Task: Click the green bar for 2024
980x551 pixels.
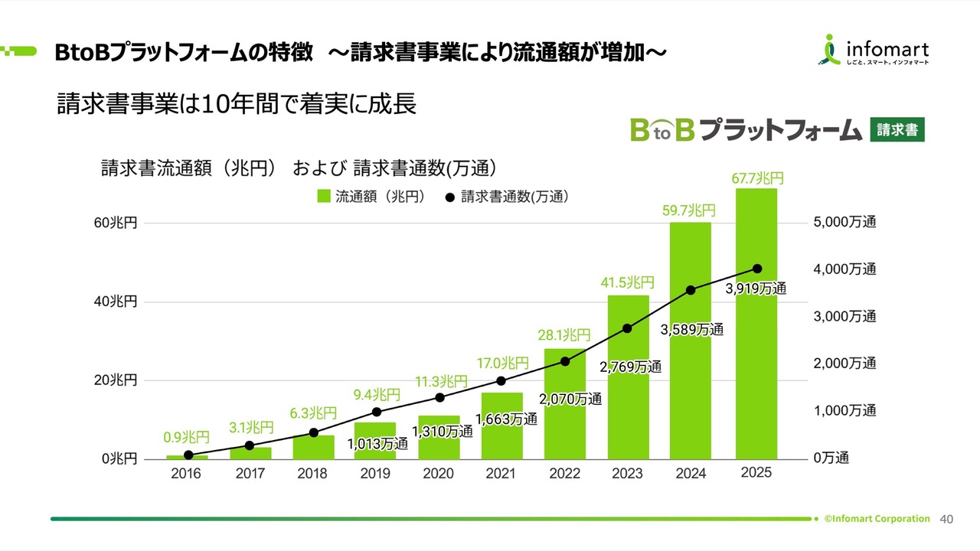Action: click(691, 344)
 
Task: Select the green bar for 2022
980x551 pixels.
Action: click(565, 406)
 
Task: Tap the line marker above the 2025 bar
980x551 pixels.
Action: click(757, 269)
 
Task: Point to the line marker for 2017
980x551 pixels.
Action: click(250, 445)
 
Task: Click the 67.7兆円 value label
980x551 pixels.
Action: click(757, 178)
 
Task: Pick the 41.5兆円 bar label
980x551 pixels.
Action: click(627, 283)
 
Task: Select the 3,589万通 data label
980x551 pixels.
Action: click(691, 330)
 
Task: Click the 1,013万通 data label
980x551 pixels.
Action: click(377, 444)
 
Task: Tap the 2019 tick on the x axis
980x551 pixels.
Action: click(375, 474)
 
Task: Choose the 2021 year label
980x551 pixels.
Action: click(501, 474)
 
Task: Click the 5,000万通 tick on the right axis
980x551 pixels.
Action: click(844, 223)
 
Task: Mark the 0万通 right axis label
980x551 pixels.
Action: click(831, 458)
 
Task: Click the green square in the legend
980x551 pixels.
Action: click(324, 197)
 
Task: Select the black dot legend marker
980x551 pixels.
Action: click(449, 197)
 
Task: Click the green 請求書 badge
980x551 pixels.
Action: click(897, 130)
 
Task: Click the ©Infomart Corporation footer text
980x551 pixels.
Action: click(877, 519)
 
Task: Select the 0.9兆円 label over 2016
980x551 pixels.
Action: click(186, 438)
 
